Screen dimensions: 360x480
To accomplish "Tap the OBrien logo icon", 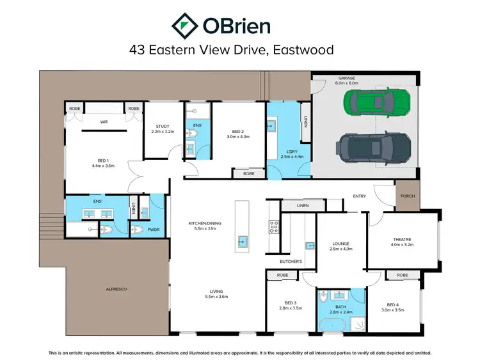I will [x=183, y=25].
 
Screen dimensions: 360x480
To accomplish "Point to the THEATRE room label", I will [x=403, y=240].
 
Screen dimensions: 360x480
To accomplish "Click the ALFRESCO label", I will [x=116, y=290].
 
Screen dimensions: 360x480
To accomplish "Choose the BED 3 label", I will [x=291, y=303].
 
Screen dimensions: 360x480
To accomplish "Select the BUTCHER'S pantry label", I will [x=291, y=262].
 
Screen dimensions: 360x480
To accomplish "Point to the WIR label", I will [x=103, y=121].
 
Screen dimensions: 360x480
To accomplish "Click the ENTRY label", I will [x=358, y=196].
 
